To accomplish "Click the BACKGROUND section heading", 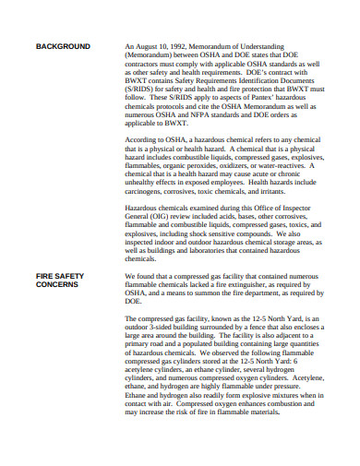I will pyautogui.click(x=63, y=46).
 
